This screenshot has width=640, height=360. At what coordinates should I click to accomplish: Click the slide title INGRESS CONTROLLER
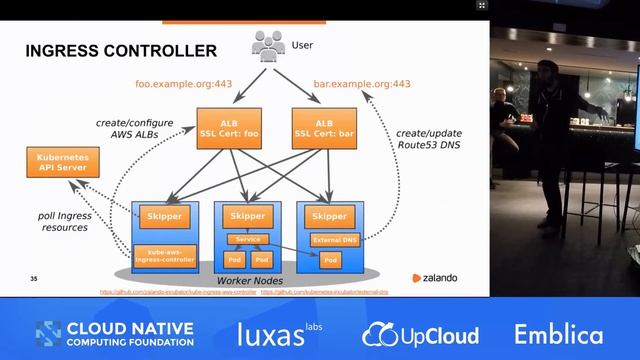point(108,51)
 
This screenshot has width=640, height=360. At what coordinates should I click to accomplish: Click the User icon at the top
point(269,45)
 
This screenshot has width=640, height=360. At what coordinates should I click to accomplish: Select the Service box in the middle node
point(247,239)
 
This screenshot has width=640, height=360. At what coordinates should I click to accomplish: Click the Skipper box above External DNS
point(330,216)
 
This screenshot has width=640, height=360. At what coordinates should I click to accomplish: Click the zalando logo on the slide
point(435,278)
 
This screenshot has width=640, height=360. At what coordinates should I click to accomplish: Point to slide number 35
point(34,278)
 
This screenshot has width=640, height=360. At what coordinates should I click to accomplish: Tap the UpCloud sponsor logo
point(421,335)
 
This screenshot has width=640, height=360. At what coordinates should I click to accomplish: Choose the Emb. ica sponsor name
point(559,334)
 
